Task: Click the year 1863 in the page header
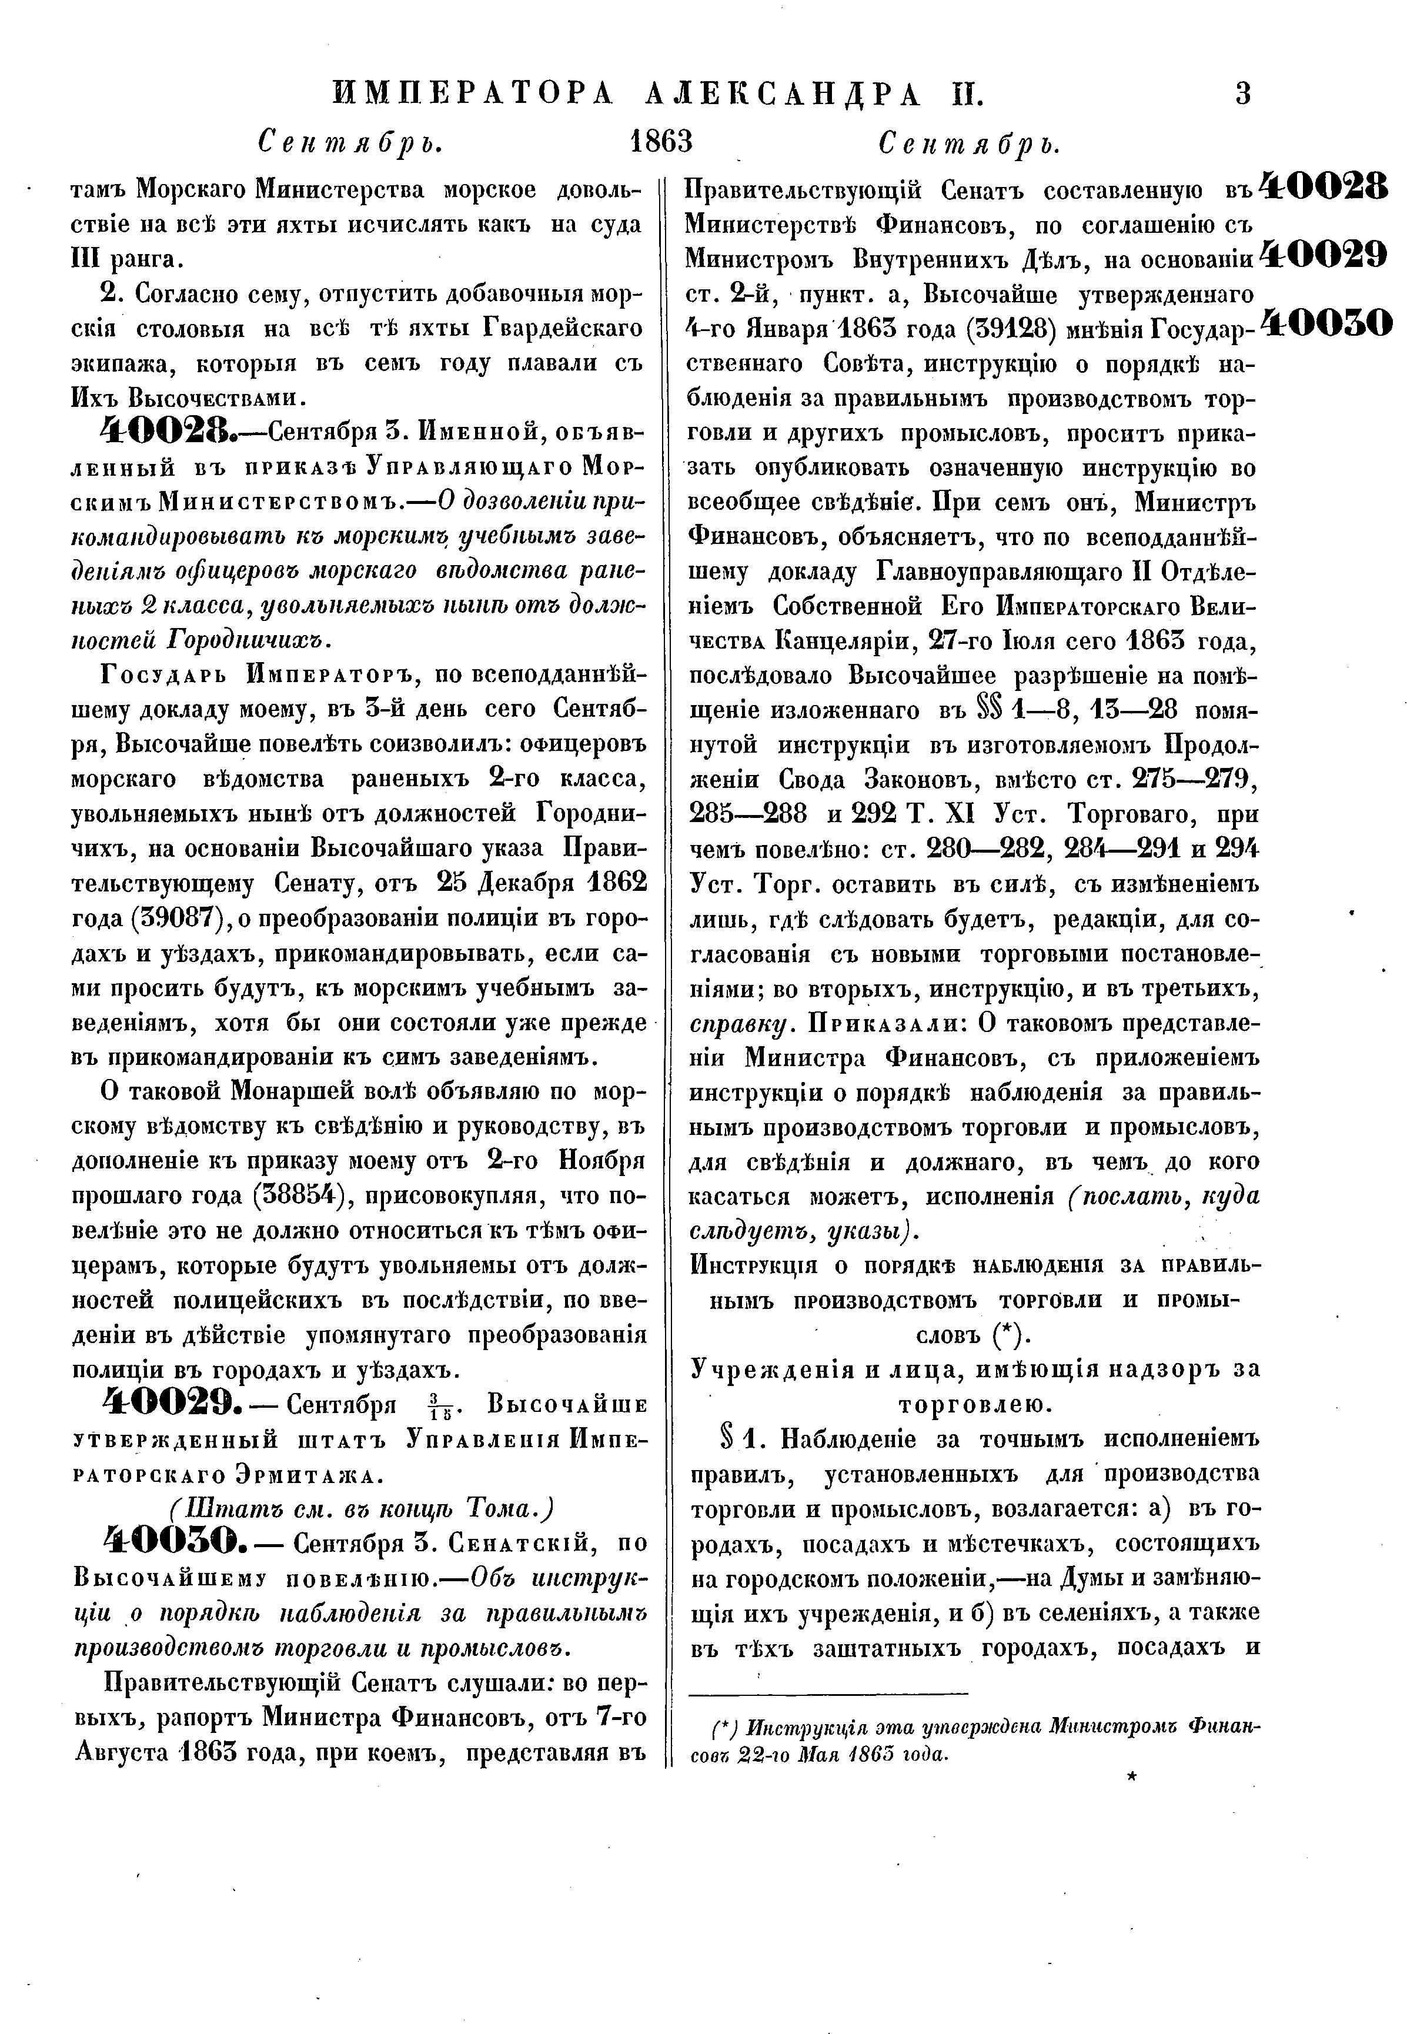click(660, 141)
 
